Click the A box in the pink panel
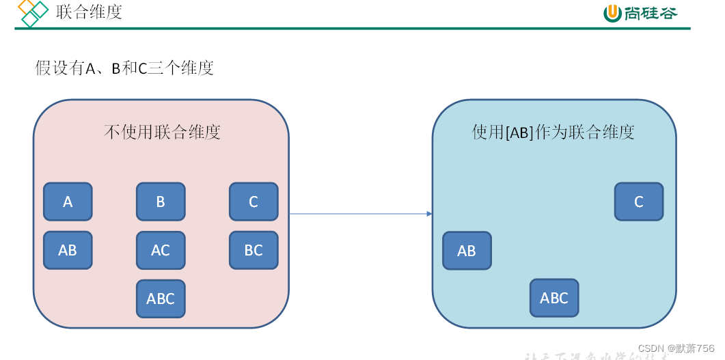(x=68, y=202)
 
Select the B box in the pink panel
(x=161, y=202)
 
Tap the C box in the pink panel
(x=254, y=202)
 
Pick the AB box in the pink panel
(x=68, y=250)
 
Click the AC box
(x=161, y=250)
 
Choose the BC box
(x=254, y=250)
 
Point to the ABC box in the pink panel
(x=161, y=299)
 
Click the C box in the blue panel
(x=639, y=202)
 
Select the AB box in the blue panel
(x=467, y=251)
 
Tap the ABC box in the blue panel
(x=554, y=298)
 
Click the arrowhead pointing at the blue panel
(x=429, y=214)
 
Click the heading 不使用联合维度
(x=162, y=132)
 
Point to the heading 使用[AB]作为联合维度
(x=553, y=132)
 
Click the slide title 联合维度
(x=90, y=12)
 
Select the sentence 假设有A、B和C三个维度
(x=124, y=68)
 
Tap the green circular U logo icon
(x=612, y=13)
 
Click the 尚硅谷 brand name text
(x=651, y=13)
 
